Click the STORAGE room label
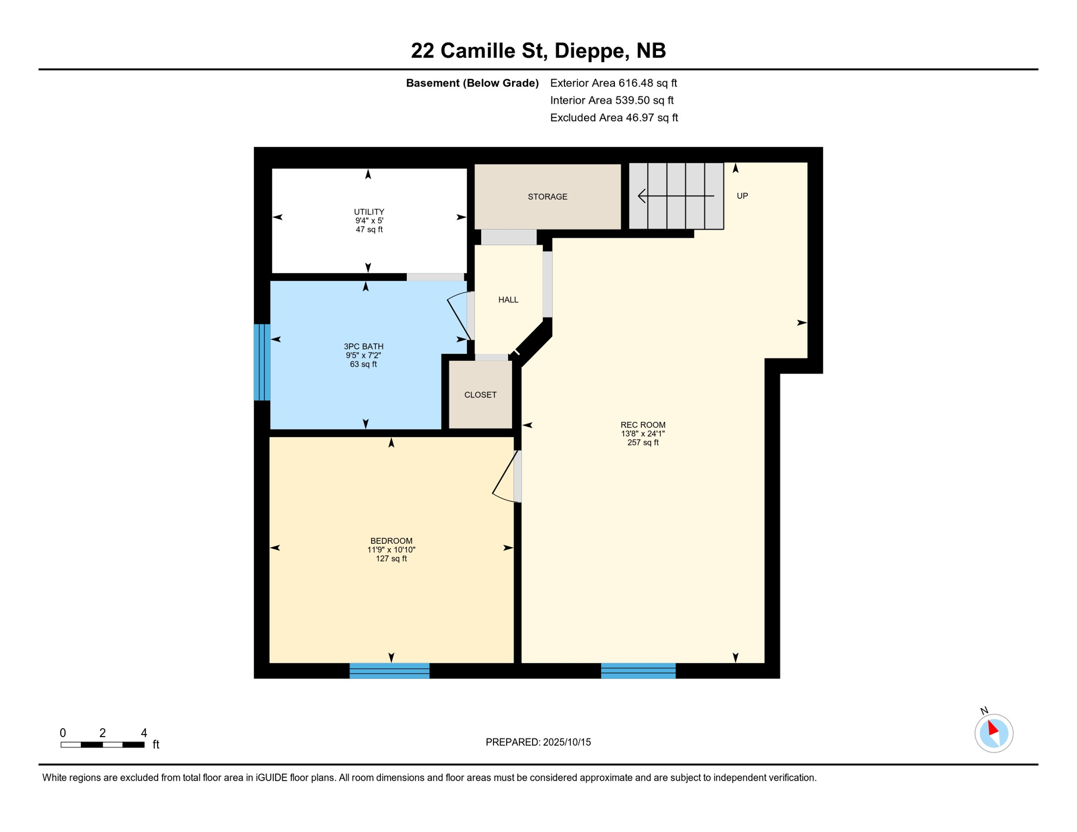[x=547, y=197]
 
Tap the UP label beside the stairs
[x=742, y=196]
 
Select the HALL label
[x=508, y=300]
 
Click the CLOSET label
[x=480, y=395]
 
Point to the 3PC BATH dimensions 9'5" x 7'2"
[x=364, y=355]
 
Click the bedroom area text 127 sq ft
[x=391, y=558]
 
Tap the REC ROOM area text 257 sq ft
[x=643, y=443]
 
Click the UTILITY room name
[x=369, y=212]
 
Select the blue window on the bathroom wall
[x=262, y=362]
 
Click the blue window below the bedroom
[x=390, y=671]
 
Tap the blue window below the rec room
[x=638, y=671]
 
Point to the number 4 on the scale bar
[x=144, y=733]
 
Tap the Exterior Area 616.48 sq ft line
[x=613, y=83]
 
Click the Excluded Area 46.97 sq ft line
[x=614, y=118]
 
